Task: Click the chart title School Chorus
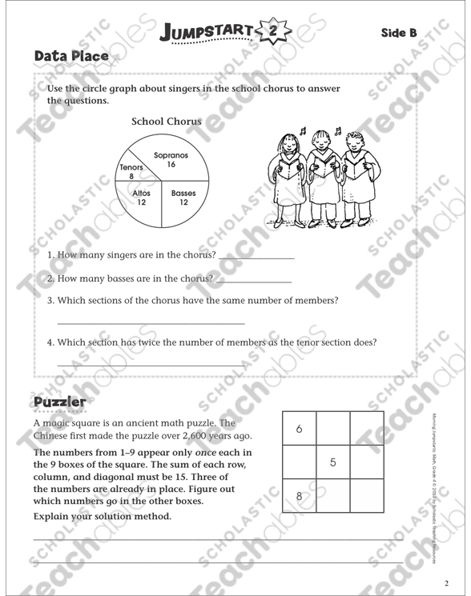pos(167,122)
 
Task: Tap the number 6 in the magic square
pos(299,429)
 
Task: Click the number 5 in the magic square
pos(332,462)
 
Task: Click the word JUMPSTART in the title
pos(208,32)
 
